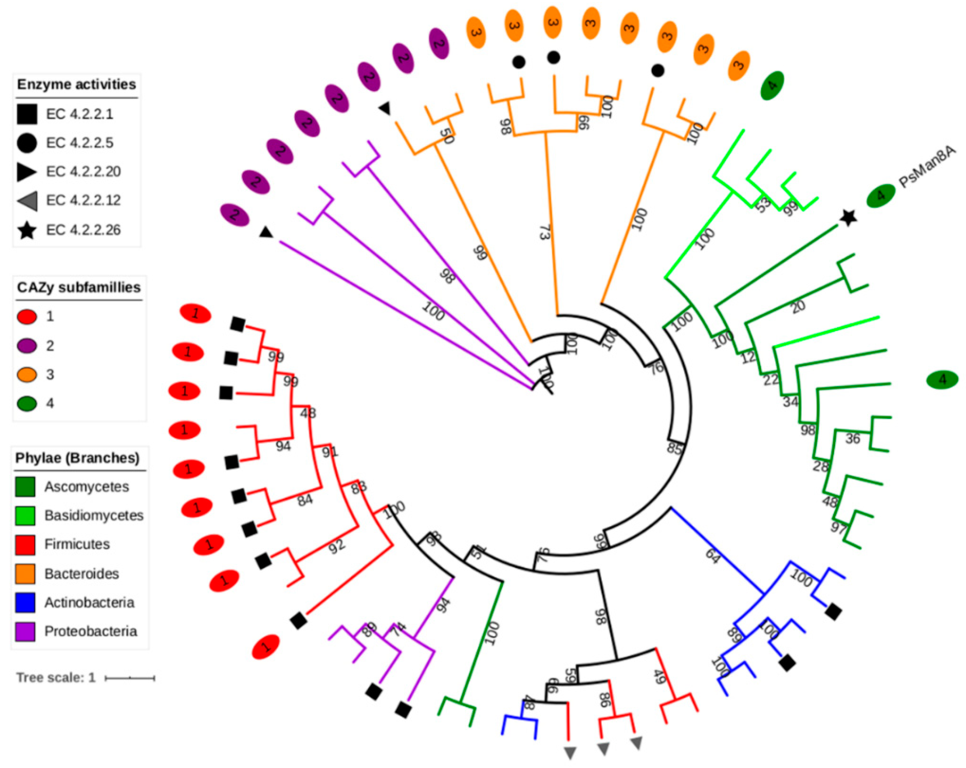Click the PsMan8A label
click(927, 167)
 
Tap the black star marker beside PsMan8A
click(848, 218)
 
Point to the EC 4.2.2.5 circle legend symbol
click(27, 143)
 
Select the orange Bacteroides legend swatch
click(25, 573)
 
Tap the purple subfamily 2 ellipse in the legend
click(27, 346)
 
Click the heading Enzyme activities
click(77, 84)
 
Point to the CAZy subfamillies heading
click(79, 287)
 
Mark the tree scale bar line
click(130, 678)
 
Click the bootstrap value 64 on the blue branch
click(712, 556)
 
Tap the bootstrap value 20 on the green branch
click(798, 307)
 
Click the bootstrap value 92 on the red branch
click(337, 545)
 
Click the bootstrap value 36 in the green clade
click(852, 438)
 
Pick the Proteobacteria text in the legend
click(90, 631)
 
